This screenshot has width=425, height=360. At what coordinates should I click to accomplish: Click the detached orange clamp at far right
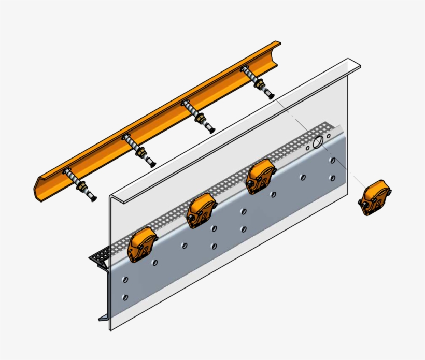pos(375,197)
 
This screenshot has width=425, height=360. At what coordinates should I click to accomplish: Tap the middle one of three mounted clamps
pos(201,210)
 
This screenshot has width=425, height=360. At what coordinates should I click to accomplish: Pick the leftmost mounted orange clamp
pos(141,245)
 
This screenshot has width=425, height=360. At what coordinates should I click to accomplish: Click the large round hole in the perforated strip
pos(318,141)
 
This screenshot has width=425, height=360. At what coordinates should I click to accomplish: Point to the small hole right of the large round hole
pos(329,136)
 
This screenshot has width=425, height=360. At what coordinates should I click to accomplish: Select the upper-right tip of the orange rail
pos(278,44)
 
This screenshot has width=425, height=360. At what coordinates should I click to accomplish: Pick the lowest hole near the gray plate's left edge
pos(125,297)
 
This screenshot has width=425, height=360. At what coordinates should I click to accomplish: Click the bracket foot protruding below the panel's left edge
pos(103,316)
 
